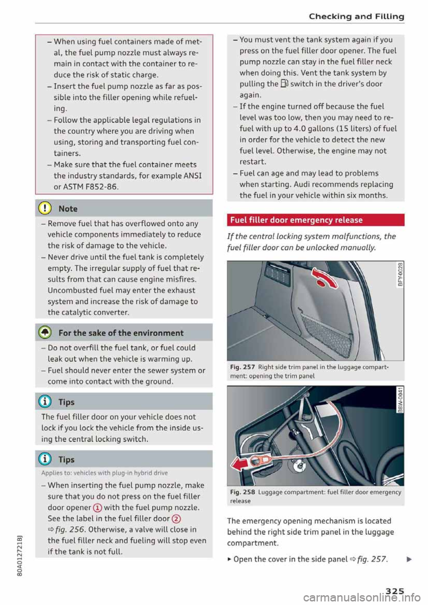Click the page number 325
(395, 591)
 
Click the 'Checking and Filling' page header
(356, 16)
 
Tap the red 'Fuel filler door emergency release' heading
(296, 220)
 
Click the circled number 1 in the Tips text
(98, 508)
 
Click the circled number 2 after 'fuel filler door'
(176, 519)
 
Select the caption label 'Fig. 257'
(242, 367)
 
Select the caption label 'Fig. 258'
(242, 492)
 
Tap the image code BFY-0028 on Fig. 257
(400, 274)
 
